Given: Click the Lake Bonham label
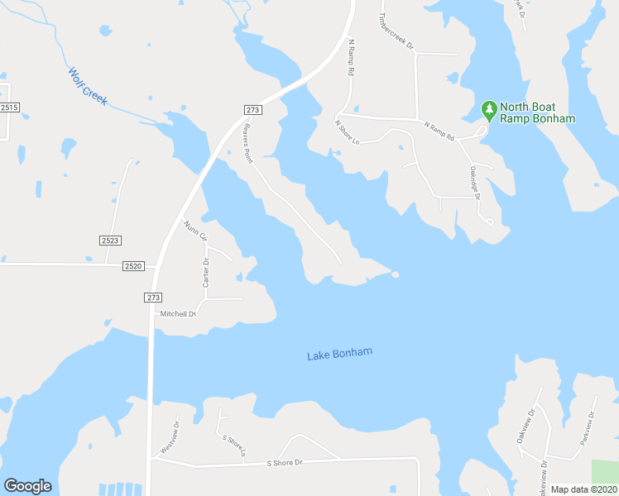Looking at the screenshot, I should pyautogui.click(x=339, y=354).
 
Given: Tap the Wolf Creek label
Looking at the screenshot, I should pyautogui.click(x=88, y=86).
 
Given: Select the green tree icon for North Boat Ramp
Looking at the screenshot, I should pyautogui.click(x=489, y=109).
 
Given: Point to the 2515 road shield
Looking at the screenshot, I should pyautogui.click(x=10, y=107).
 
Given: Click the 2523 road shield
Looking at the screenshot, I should pyautogui.click(x=110, y=240).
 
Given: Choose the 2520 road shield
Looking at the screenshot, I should pyautogui.click(x=133, y=265).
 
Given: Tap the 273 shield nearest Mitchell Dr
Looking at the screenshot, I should pyautogui.click(x=152, y=297).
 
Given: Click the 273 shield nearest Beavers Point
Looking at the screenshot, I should pyautogui.click(x=253, y=110).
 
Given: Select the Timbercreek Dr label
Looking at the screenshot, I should pyautogui.click(x=395, y=31).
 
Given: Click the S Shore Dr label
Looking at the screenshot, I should pyautogui.click(x=284, y=463).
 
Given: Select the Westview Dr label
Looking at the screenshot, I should pyautogui.click(x=169, y=438).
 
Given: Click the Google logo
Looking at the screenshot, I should pyautogui.click(x=27, y=486).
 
